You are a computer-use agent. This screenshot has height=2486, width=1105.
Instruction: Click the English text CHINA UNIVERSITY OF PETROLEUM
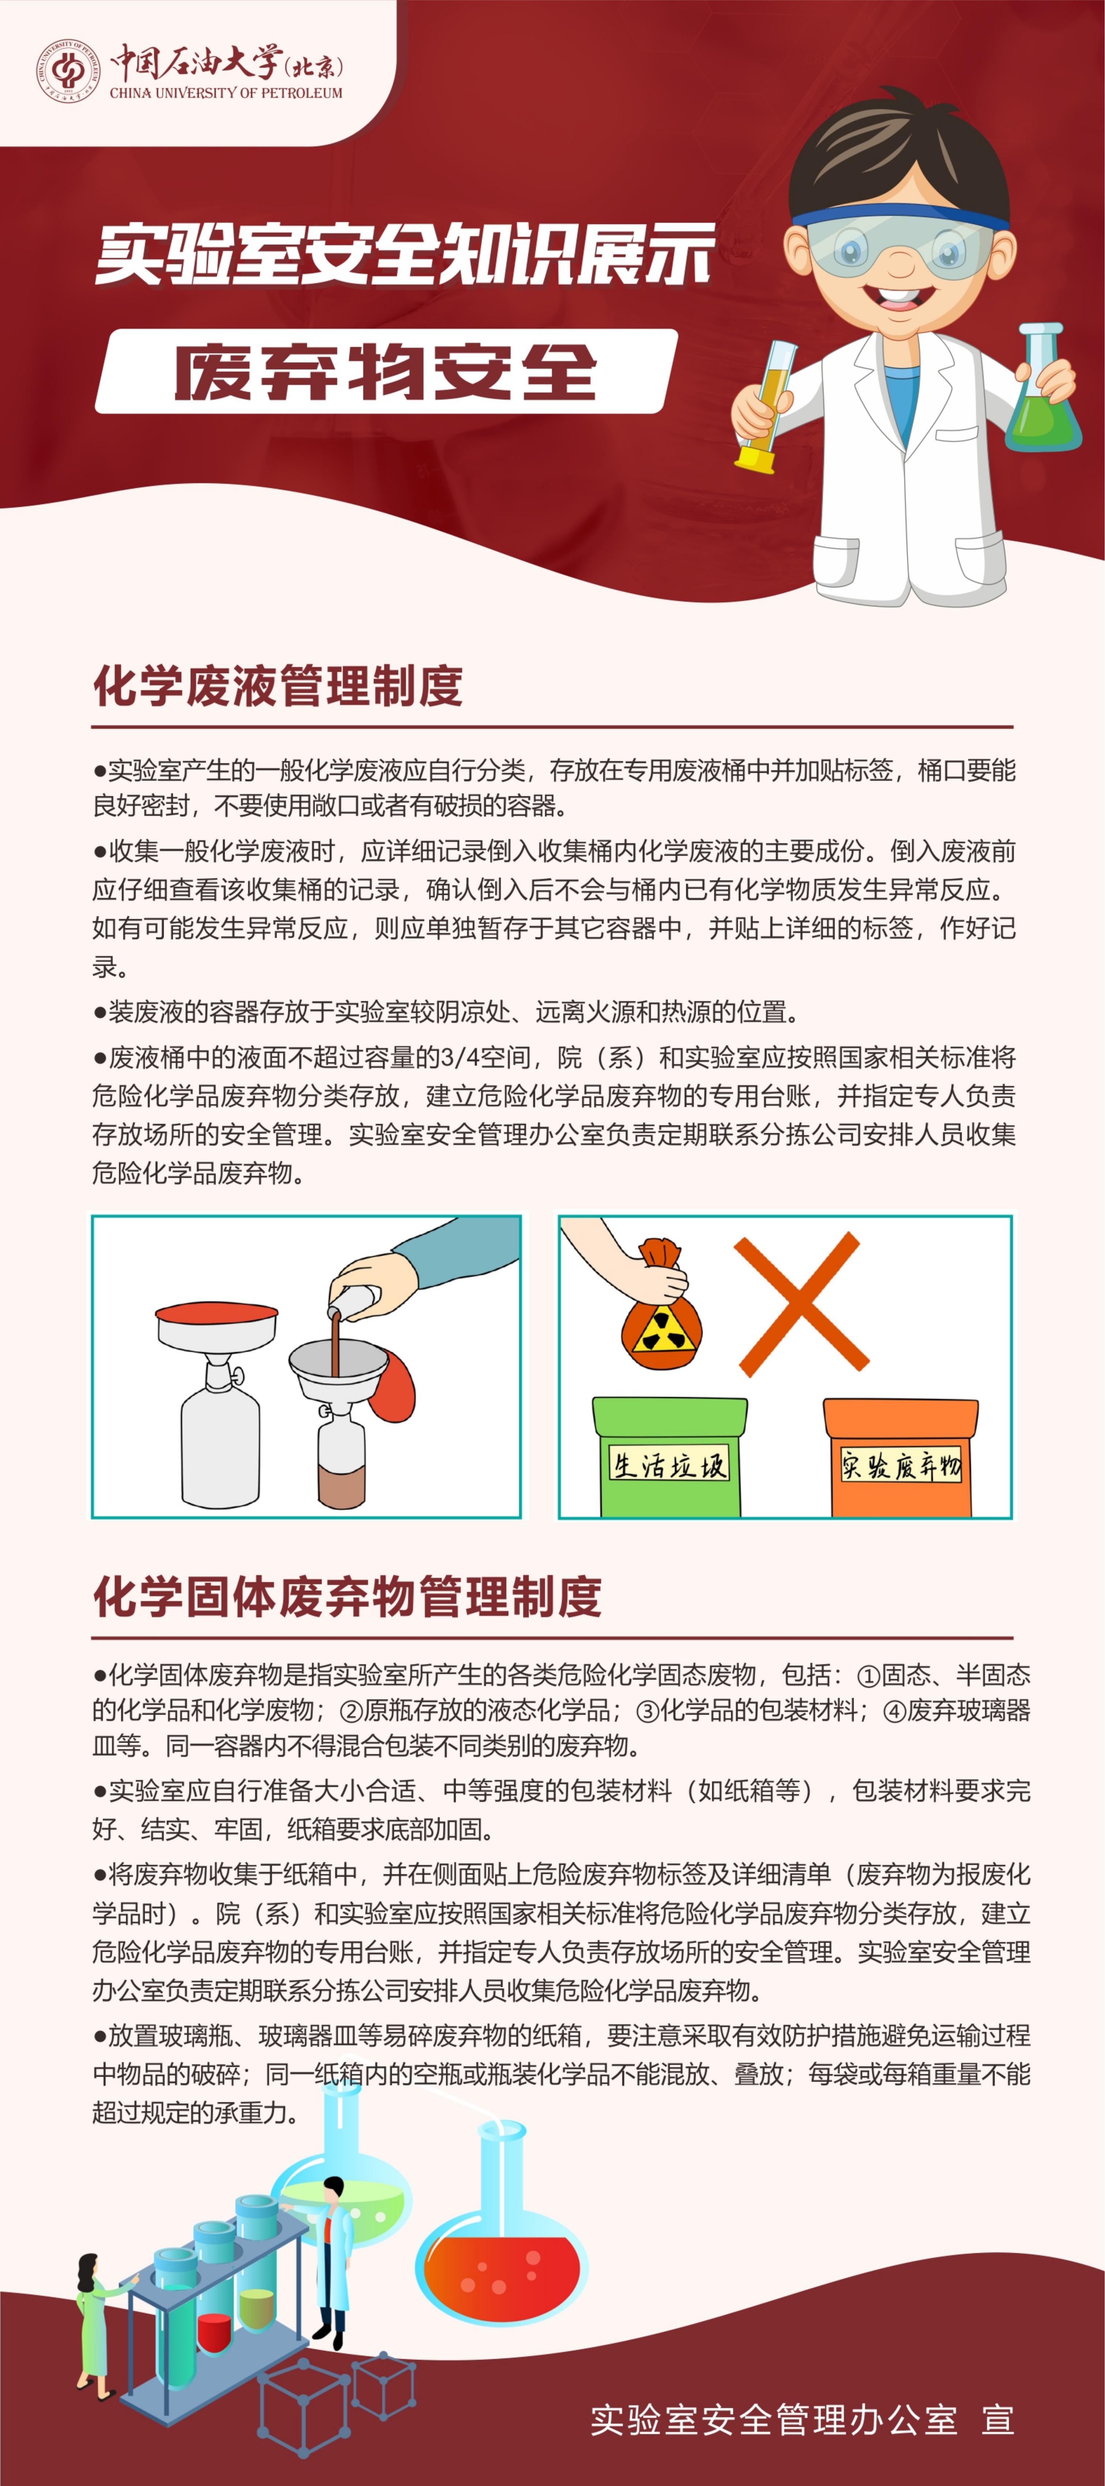226,93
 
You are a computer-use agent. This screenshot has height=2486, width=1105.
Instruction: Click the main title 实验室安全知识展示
405,255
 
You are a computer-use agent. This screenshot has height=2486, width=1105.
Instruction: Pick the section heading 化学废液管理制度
278,686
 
